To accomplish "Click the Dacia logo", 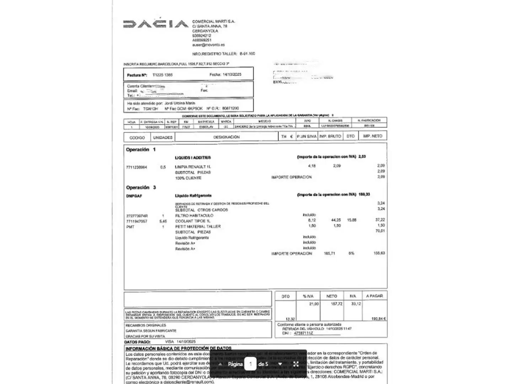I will [155, 24].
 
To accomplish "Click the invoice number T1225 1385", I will [162, 75].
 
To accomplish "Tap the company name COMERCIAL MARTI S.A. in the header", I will [213, 22].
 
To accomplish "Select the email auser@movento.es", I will [208, 45].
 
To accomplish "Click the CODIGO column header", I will [137, 137].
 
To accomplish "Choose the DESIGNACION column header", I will [226, 137].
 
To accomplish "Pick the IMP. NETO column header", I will [372, 136].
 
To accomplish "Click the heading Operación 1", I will [140, 150].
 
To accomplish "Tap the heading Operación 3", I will [141, 187].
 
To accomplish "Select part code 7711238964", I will [137, 167].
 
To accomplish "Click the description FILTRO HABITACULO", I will [194, 215].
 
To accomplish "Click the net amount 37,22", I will [380, 220].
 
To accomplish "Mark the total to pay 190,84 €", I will [378, 319].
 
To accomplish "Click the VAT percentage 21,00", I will [314, 304].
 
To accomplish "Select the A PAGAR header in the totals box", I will [374, 296].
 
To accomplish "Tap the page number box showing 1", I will [250, 364].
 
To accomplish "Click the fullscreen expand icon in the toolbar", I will [295, 364].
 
